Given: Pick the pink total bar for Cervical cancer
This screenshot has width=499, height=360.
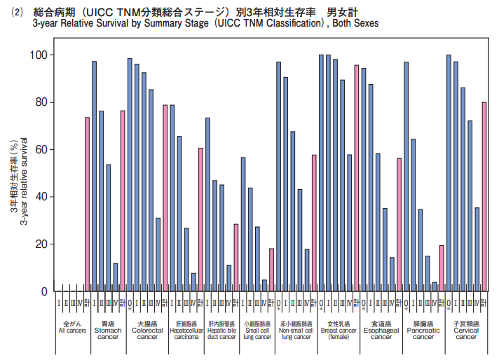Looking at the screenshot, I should [x=484, y=196].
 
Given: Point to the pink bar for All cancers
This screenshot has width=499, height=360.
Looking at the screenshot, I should [x=87, y=204].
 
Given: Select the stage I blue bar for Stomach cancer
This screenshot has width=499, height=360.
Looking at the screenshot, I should [x=94, y=176].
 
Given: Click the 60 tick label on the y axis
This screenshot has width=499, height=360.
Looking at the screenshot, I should [x=41, y=149].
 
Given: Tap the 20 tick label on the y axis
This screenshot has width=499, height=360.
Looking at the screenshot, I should [x=41, y=244].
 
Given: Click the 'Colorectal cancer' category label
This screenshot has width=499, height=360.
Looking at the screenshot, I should [x=147, y=331].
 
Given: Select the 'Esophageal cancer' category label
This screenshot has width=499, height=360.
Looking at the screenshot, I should [x=381, y=331].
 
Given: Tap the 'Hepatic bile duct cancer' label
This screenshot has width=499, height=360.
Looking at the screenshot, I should [x=221, y=331].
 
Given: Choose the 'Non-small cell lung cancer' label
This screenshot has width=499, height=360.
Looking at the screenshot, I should [x=296, y=331].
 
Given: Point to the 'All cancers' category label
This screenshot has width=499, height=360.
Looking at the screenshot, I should [x=72, y=328].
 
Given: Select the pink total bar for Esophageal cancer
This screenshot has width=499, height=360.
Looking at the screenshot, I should [x=399, y=225].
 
